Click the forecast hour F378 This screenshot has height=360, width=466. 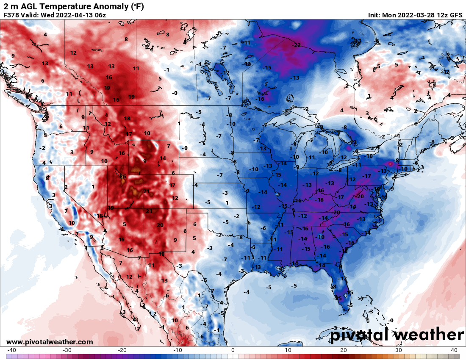pyautogui.click(x=11, y=15)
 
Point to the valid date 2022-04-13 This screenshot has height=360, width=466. pyautogui.click(x=74, y=15)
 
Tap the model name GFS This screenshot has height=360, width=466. pyautogui.click(x=456, y=15)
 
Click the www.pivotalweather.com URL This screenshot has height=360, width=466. pyautogui.click(x=50, y=342)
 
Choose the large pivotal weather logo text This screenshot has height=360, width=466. pyautogui.click(x=397, y=335)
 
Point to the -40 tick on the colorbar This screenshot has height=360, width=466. pyautogui.click(x=11, y=350)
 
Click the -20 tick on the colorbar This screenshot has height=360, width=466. pyautogui.click(x=122, y=350)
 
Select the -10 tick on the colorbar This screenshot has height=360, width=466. pyautogui.click(x=178, y=350)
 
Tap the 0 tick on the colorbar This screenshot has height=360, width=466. pyautogui.click(x=233, y=350)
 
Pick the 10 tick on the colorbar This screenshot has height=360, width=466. pyautogui.click(x=288, y=350)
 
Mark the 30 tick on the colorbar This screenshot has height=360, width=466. pyautogui.click(x=399, y=350)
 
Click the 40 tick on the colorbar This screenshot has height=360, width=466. pyautogui.click(x=454, y=350)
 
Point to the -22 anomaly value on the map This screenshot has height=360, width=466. pyautogui.click(x=296, y=45)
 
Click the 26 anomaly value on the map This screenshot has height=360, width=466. pyautogui.click(x=123, y=176)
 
